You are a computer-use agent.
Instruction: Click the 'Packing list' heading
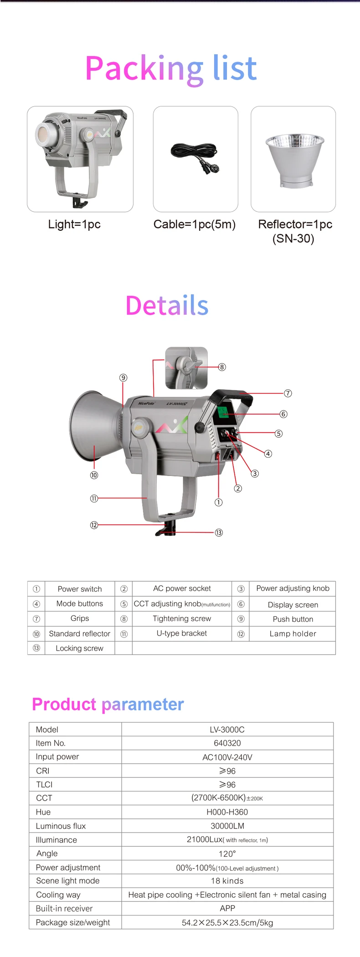click(x=171, y=68)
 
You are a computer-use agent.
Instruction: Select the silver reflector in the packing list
click(x=294, y=160)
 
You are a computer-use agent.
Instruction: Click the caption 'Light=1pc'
click(x=74, y=224)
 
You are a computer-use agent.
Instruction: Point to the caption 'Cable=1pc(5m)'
click(x=195, y=224)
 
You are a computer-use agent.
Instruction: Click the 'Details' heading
click(x=167, y=305)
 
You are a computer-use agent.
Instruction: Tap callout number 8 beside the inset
click(x=222, y=367)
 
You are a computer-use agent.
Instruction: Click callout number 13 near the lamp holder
click(x=219, y=533)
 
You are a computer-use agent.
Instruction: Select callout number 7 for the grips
click(x=288, y=393)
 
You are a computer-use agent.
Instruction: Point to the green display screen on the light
click(x=223, y=412)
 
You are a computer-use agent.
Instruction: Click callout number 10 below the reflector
click(x=94, y=475)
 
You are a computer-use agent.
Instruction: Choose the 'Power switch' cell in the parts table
click(x=80, y=589)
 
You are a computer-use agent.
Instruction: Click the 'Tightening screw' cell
click(x=182, y=619)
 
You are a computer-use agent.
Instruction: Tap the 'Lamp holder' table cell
click(x=293, y=634)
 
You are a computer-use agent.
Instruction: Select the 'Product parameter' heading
click(x=108, y=704)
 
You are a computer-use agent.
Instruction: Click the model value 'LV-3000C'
click(x=227, y=729)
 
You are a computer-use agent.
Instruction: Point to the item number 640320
click(x=227, y=743)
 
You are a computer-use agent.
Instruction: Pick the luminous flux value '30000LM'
click(x=227, y=826)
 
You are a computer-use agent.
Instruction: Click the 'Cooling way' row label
click(x=58, y=895)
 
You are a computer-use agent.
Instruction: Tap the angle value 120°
click(x=227, y=854)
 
